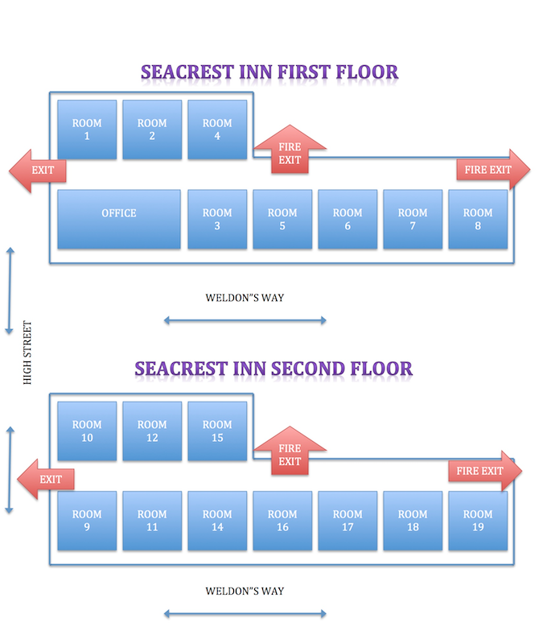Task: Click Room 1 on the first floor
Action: coord(87,129)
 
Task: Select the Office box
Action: coord(119,219)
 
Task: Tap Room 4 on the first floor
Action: coord(217,129)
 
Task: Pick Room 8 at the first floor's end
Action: coord(478,219)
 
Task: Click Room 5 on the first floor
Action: coord(282,219)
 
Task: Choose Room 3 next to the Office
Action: coord(217,219)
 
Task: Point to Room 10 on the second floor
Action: coord(87,431)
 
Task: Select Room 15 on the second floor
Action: coord(217,431)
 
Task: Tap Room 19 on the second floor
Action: coord(478,520)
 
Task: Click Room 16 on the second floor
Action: coord(282,520)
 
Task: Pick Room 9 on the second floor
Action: coord(87,520)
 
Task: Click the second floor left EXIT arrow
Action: coord(46,480)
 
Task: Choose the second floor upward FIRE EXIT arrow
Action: coord(290,453)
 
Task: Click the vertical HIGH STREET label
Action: coord(27,353)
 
